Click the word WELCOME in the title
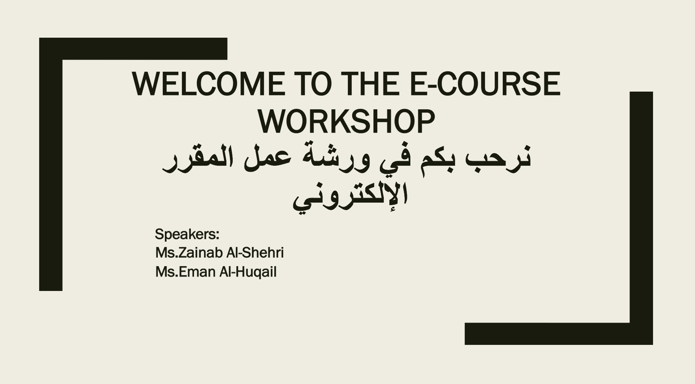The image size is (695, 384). [x=208, y=84]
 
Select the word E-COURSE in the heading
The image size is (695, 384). [x=485, y=84]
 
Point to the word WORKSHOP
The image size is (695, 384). [x=346, y=122]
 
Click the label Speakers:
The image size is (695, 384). [x=187, y=234]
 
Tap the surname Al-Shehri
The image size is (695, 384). [x=255, y=252]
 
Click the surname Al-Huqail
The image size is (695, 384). [x=248, y=272]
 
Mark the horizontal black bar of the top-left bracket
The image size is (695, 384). [x=133, y=49]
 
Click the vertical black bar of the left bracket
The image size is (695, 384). [x=51, y=175]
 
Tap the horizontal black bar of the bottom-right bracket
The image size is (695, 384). [x=558, y=334]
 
